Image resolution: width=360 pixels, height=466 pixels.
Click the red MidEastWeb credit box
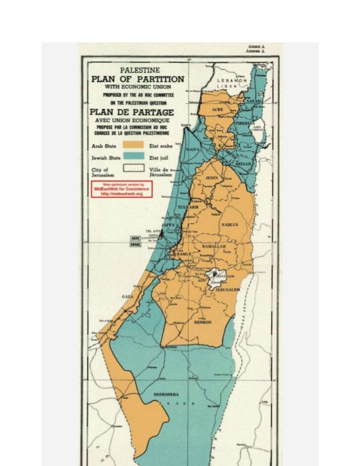(x=122, y=189)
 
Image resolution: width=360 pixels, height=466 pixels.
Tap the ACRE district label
(x=218, y=108)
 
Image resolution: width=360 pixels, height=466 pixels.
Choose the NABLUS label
(x=230, y=224)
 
